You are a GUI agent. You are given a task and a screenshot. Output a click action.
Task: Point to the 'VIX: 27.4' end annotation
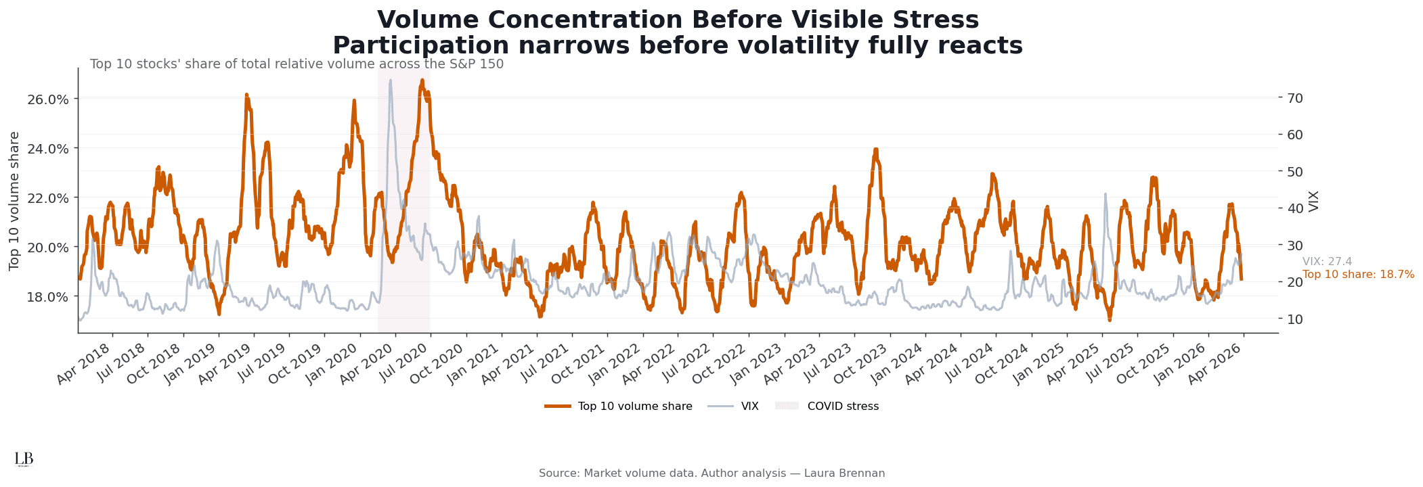click(1327, 262)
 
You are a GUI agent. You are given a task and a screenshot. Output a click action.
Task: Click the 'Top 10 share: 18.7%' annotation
click(1358, 275)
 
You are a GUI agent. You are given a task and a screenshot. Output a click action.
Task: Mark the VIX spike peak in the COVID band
click(391, 80)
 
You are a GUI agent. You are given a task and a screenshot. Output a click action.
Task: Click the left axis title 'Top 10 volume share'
click(15, 201)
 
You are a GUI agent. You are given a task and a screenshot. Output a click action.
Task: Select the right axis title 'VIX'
click(1314, 201)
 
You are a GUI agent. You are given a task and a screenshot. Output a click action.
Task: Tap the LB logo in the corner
click(24, 459)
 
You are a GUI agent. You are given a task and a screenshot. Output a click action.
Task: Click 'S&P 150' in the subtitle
click(479, 64)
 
